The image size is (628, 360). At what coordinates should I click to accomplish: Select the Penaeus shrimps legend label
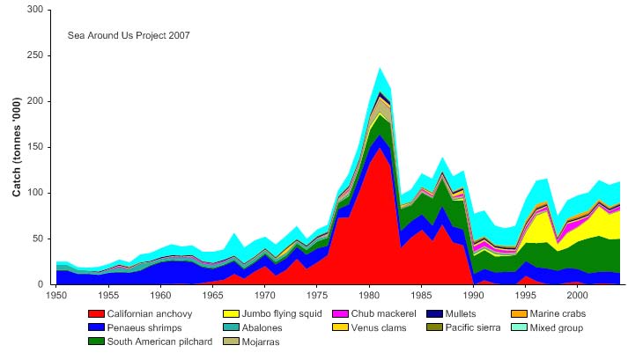coord(144,327)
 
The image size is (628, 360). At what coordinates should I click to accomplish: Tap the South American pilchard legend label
coord(159,342)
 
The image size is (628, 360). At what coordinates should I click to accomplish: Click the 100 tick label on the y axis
coord(36,193)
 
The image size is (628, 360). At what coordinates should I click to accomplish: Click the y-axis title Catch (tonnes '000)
coord(16,147)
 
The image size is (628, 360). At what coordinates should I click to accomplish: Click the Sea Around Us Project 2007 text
coord(129,36)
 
